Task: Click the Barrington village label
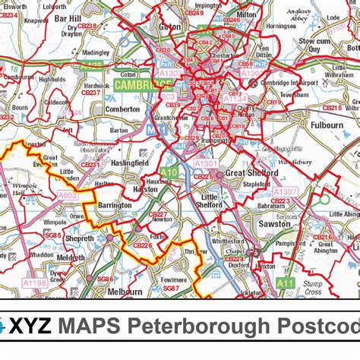115,205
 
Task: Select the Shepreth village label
79,238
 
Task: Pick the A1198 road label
34,283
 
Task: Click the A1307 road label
286,192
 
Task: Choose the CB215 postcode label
331,109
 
